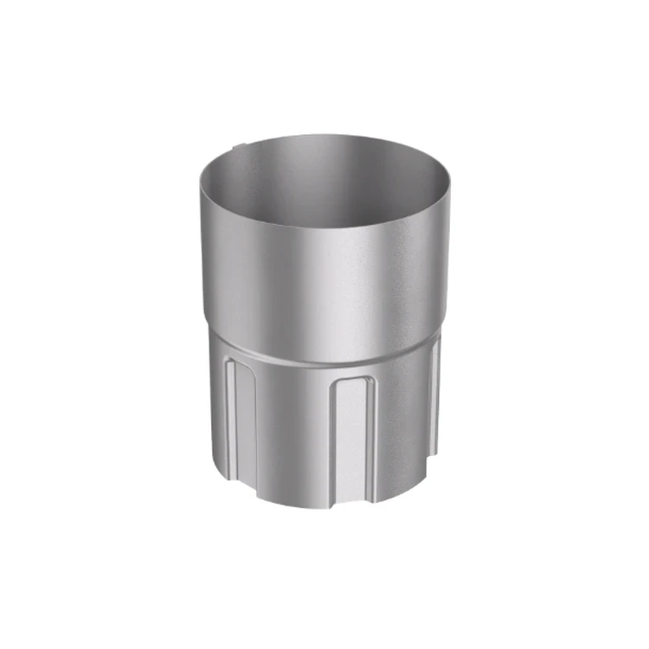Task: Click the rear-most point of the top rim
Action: pos(324,136)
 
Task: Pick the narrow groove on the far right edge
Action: pos(435,398)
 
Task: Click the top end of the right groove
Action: pos(436,344)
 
